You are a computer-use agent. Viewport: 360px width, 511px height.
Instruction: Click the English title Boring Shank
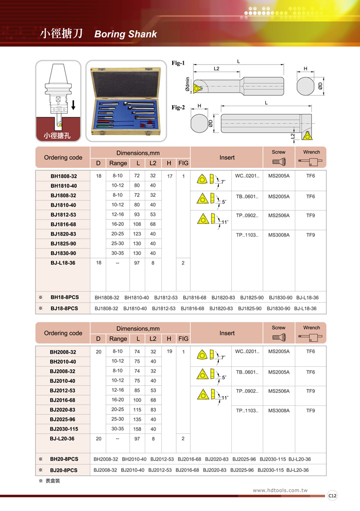125,34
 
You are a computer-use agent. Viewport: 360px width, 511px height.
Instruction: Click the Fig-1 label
178,64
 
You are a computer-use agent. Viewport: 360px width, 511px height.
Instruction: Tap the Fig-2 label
178,108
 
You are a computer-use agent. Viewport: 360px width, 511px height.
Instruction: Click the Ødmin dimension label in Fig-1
187,86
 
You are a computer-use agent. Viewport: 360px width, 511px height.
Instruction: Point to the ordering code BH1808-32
63,176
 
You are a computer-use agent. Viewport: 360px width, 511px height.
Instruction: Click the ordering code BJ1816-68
63,224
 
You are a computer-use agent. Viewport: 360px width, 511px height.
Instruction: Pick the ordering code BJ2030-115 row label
63,429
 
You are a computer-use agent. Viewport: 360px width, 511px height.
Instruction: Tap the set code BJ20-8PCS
64,470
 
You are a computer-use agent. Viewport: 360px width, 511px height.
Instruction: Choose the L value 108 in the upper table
137,224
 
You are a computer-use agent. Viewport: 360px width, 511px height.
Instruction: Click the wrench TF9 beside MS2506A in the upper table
310,215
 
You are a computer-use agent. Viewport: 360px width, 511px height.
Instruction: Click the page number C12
332,495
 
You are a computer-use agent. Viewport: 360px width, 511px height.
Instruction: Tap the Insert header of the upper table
227,157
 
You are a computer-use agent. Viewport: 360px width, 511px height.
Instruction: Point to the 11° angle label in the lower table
225,397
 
